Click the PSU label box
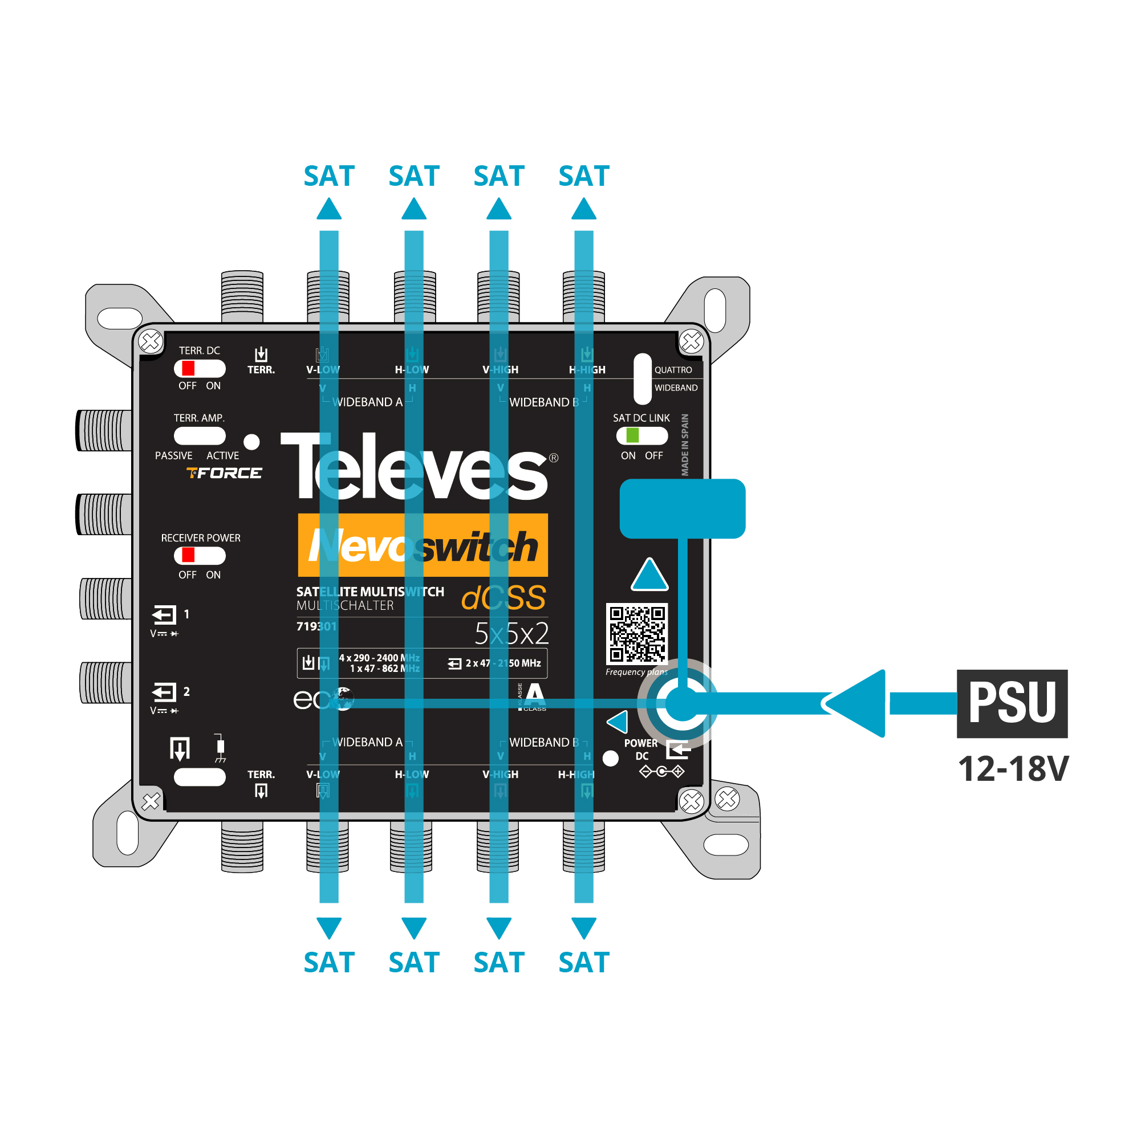click(1012, 703)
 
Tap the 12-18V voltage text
click(1013, 769)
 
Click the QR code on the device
click(637, 634)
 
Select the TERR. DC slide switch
click(199, 369)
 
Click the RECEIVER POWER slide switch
click(199, 555)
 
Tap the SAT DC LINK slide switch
click(641, 435)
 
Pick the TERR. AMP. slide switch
click(199, 436)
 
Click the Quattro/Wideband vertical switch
click(642, 378)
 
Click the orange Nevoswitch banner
click(422, 545)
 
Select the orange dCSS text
click(504, 597)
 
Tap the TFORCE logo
click(224, 473)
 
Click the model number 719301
click(316, 626)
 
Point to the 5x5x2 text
click(511, 634)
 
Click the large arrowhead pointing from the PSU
click(857, 703)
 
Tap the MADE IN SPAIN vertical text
click(684, 445)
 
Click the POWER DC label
click(641, 749)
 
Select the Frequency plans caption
click(636, 672)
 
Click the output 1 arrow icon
click(164, 614)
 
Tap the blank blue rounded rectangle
click(682, 508)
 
